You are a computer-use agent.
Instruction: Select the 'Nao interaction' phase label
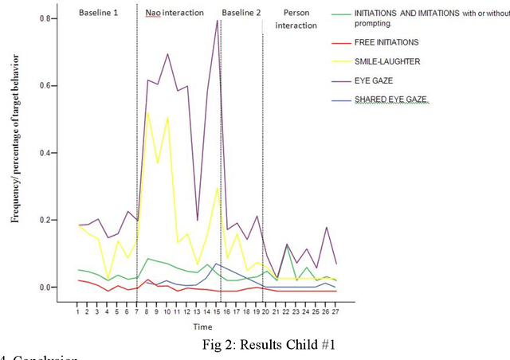pos(175,14)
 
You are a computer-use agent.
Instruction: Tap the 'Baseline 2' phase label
pos(241,14)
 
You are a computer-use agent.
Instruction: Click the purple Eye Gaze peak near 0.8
pos(217,20)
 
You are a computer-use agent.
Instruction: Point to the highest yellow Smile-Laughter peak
pos(147,112)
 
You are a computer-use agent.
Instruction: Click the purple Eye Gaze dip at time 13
pos(197,220)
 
